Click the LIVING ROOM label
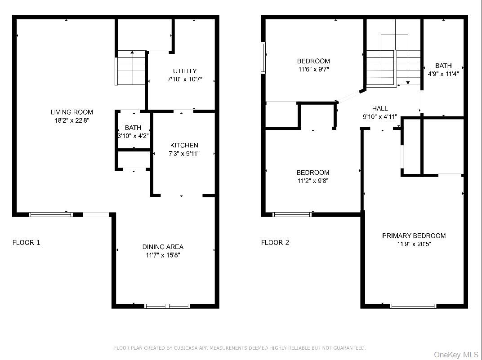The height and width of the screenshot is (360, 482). click(71, 112)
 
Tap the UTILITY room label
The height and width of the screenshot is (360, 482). click(185, 71)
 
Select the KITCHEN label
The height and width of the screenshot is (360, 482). click(184, 145)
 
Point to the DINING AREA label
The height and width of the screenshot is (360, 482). click(163, 247)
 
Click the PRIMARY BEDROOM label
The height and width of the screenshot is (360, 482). click(414, 236)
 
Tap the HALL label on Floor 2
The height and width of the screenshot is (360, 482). click(380, 108)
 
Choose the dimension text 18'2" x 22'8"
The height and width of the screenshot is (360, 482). click(71, 120)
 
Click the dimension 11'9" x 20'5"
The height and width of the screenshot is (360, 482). click(414, 244)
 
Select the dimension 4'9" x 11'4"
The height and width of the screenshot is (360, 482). click(443, 74)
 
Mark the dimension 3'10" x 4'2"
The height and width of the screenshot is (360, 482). click(133, 135)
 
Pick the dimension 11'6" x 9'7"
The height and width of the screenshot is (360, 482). click(313, 69)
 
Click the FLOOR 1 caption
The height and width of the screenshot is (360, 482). click(26, 242)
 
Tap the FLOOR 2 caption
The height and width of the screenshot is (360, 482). click(275, 242)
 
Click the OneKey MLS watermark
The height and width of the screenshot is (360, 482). click(456, 355)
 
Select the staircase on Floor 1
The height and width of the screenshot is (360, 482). click(130, 68)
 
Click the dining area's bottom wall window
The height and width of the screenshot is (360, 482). click(167, 306)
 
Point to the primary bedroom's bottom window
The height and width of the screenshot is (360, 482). click(413, 306)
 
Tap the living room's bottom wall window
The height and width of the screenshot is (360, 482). click(51, 214)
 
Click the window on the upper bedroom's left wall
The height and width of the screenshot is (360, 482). click(263, 58)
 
